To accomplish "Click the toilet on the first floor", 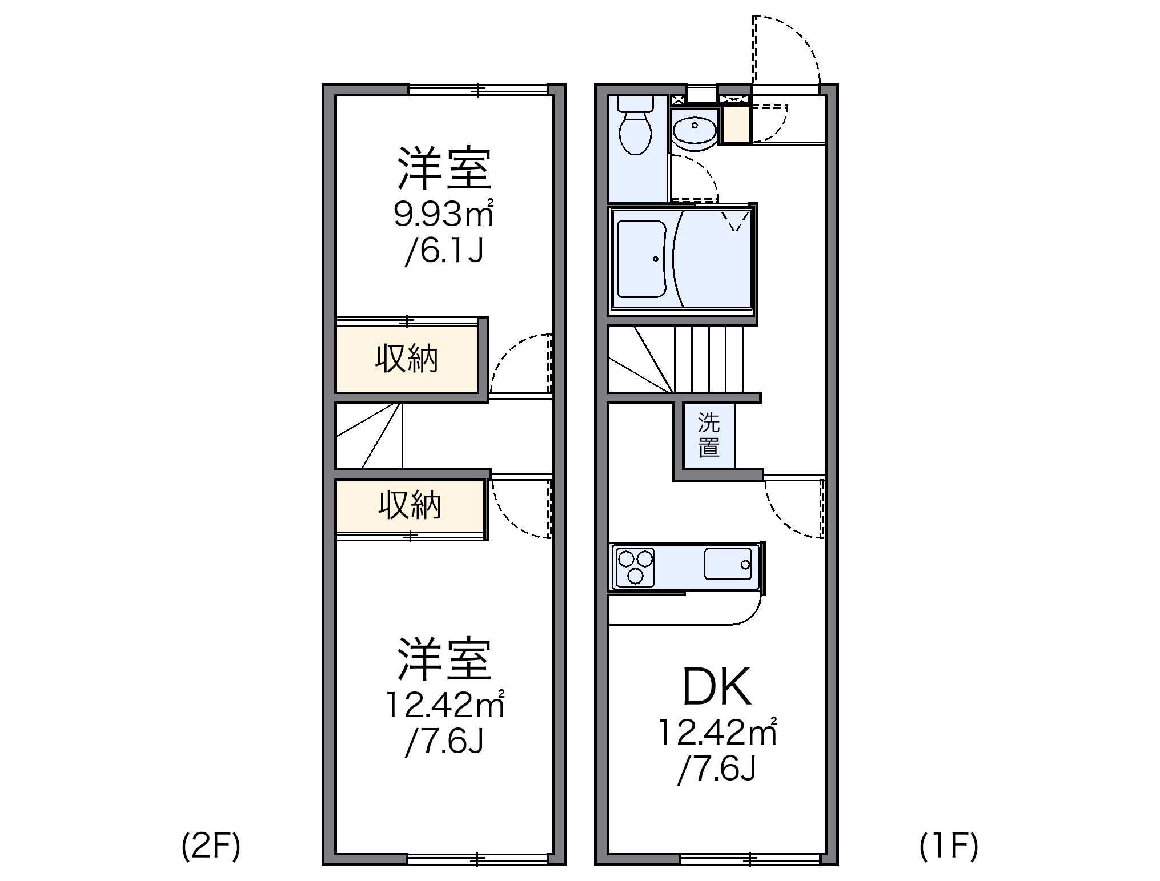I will click(636, 129).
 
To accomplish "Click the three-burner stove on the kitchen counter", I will click(633, 566).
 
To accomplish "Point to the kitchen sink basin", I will click(728, 564).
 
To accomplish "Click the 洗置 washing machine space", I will click(709, 435).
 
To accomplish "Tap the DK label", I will click(717, 688).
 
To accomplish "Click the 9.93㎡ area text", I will click(443, 214).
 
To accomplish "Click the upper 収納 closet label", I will click(407, 359).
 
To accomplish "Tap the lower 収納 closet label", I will click(410, 505).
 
